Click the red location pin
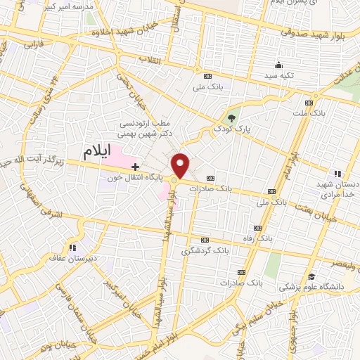pyautogui.click(x=181, y=165)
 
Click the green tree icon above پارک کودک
pyautogui.click(x=233, y=117)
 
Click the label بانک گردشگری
pyautogui.click(x=205, y=250)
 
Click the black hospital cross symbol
pyautogui.click(x=134, y=165)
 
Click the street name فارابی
pyautogui.click(x=34, y=44)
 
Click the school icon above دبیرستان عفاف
pyautogui.click(x=72, y=247)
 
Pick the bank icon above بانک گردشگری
pyautogui.click(x=205, y=240)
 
